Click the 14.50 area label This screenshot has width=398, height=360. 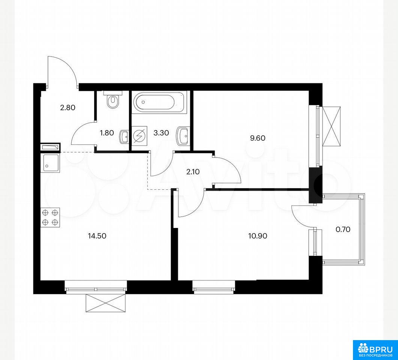97,236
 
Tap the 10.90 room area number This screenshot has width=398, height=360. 258,236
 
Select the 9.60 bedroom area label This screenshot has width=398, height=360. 257,138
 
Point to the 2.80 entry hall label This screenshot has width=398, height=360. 68,108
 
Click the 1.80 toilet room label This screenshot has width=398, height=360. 107,133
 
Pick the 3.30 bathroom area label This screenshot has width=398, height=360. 161,133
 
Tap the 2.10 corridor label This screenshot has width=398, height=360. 193,172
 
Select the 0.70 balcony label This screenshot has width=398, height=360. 343,229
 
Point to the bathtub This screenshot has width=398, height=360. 159,102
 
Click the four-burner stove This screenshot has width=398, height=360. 50,217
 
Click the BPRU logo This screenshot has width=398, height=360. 375,349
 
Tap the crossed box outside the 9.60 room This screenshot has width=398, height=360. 332,126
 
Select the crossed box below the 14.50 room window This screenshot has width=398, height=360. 106,303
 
